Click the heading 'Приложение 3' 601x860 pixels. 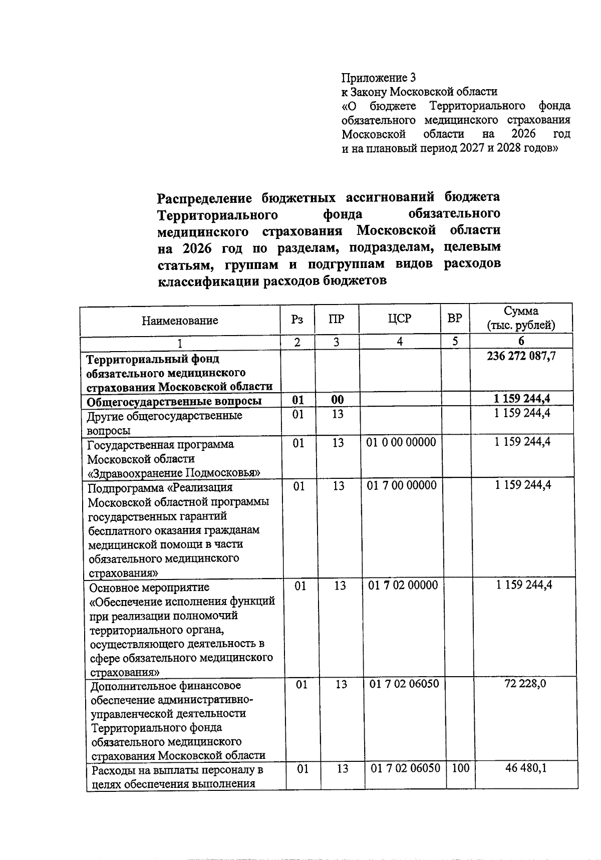(378, 78)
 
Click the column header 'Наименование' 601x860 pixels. (180, 321)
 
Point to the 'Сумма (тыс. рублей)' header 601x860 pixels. (521, 318)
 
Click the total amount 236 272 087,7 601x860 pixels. (521, 356)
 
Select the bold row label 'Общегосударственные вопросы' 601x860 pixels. (174, 402)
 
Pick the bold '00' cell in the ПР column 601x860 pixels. (338, 400)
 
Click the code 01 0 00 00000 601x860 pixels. (401, 442)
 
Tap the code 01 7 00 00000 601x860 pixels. (402, 485)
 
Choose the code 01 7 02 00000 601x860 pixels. (403, 585)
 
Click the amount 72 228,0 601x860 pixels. (525, 684)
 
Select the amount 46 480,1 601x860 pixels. (526, 768)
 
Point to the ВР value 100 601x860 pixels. (460, 768)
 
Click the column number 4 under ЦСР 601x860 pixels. (400, 342)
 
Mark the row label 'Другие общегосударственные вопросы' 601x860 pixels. (164, 423)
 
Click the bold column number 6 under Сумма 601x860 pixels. (521, 342)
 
